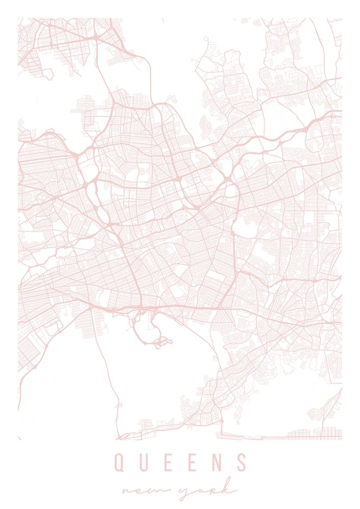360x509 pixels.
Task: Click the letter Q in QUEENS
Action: (119, 463)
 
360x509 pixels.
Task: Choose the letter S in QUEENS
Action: (242, 463)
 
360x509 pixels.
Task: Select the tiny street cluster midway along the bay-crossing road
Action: (119, 405)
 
